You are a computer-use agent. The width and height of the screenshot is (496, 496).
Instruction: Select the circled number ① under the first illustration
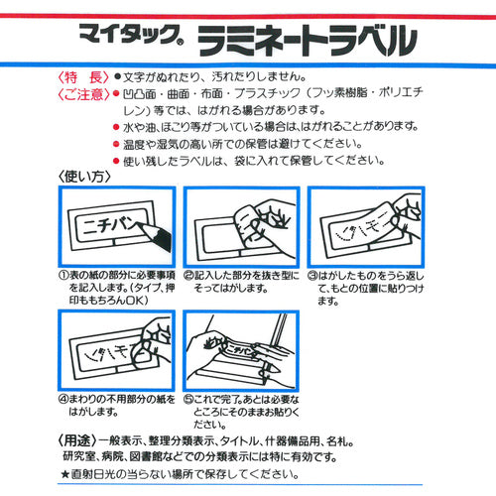pyautogui.click(x=62, y=272)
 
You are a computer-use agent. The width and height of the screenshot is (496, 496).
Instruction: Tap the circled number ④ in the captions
pyautogui.click(x=62, y=400)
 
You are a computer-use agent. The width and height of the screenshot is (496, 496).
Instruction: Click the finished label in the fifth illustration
pyautogui.click(x=238, y=353)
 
